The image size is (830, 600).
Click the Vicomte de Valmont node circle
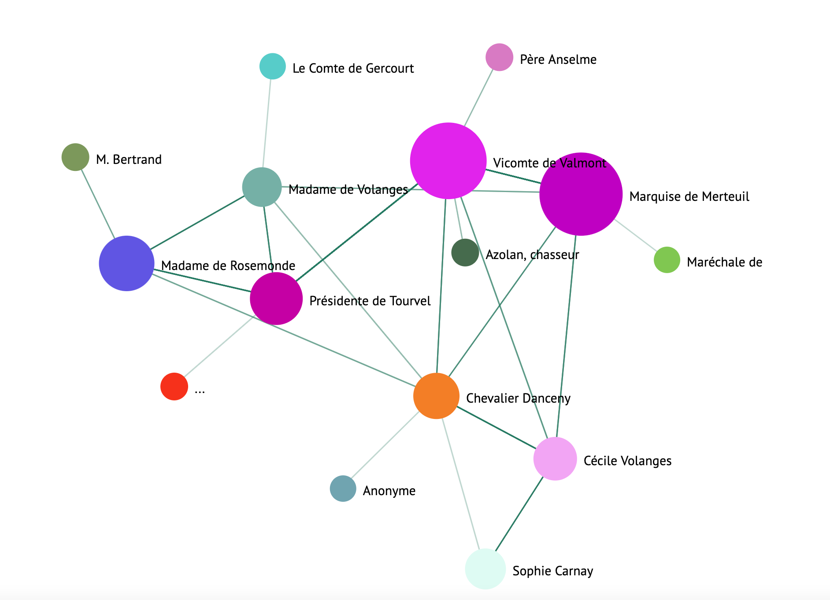point(448,161)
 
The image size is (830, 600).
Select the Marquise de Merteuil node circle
point(581,194)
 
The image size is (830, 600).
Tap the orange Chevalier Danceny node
point(436,396)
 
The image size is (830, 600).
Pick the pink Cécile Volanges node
point(555,459)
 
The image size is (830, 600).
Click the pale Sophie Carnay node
point(485,569)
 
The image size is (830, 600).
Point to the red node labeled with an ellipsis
point(174,386)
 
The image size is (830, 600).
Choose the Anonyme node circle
point(343,489)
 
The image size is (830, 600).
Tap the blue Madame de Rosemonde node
point(127,263)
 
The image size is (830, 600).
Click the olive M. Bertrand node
point(75,157)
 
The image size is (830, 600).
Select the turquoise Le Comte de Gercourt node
point(273,66)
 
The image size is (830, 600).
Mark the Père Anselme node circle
point(499,57)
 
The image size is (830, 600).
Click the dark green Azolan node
point(465,253)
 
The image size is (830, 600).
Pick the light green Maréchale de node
point(667,260)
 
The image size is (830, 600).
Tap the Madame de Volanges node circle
point(262,187)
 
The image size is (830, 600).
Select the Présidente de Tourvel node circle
point(276,299)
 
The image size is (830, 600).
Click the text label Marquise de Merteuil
point(689,196)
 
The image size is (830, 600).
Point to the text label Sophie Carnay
point(552,571)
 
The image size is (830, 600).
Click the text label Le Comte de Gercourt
point(353,68)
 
